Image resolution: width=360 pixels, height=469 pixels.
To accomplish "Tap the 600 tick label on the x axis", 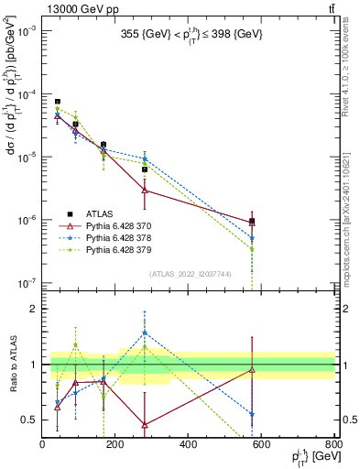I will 262,445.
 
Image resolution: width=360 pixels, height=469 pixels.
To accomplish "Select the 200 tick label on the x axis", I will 115,445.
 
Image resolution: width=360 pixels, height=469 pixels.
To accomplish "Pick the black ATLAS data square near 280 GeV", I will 145,169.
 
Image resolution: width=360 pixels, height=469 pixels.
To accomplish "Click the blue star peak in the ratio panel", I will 145,333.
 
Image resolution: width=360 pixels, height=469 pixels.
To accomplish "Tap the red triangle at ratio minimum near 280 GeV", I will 145,424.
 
